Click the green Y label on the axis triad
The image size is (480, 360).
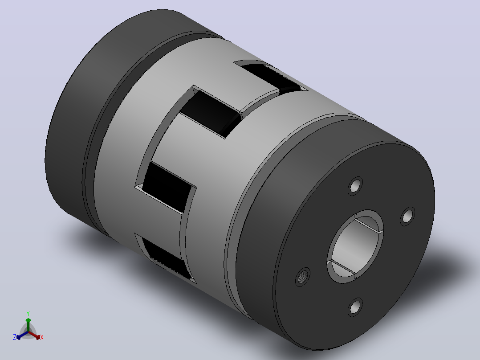28,313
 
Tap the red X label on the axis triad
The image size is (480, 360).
42,337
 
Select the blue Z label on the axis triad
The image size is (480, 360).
14,337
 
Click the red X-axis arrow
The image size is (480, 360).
34,335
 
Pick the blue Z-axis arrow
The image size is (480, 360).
22,335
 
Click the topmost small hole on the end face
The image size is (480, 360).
355,186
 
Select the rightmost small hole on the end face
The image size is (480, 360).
407,217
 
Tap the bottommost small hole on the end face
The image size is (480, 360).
355,307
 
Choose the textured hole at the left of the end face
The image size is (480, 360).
303,277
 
